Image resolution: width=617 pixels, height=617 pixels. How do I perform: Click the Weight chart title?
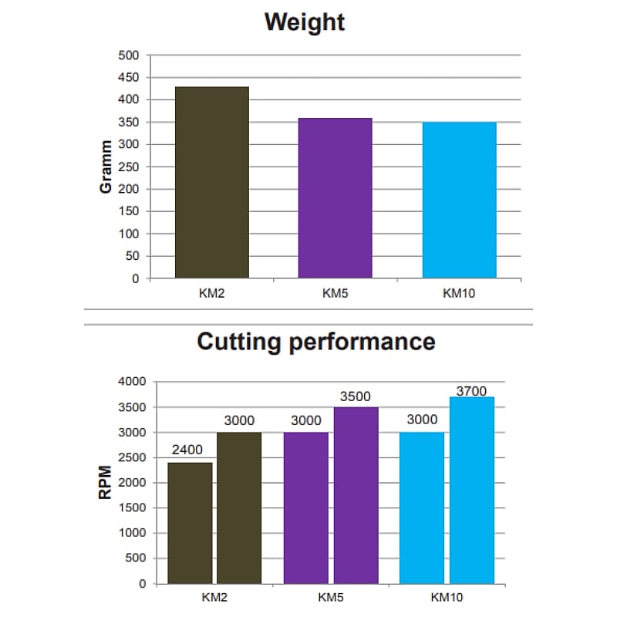305,22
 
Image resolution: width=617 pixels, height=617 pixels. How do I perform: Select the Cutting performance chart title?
315,341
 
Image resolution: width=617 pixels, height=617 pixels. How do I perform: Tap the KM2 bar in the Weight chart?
212,183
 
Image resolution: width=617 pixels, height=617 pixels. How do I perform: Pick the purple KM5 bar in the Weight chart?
335,198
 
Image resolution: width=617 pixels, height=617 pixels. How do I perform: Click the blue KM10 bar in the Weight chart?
459,201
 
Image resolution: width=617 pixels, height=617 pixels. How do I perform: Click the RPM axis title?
106,482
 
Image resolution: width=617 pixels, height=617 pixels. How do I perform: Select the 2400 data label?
187,450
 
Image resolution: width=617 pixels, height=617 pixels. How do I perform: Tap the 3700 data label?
471,391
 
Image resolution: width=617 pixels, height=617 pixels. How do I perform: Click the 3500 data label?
356,396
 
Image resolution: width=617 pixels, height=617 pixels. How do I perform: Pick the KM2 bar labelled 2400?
190,523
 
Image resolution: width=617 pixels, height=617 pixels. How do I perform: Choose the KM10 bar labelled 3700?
472,490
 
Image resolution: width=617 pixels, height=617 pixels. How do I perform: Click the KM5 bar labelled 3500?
356,495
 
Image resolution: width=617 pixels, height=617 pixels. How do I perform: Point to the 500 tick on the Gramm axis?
129,56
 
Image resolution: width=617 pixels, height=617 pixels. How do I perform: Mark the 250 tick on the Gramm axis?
129,167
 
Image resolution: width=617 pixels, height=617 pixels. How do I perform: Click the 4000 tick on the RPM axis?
131,382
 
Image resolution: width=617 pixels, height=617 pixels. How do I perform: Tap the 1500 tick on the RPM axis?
131,507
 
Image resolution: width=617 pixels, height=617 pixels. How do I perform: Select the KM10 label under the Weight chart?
459,293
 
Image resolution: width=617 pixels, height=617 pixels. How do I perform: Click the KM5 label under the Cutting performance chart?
331,597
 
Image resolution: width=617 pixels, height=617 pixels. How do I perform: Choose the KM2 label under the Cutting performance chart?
214,597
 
